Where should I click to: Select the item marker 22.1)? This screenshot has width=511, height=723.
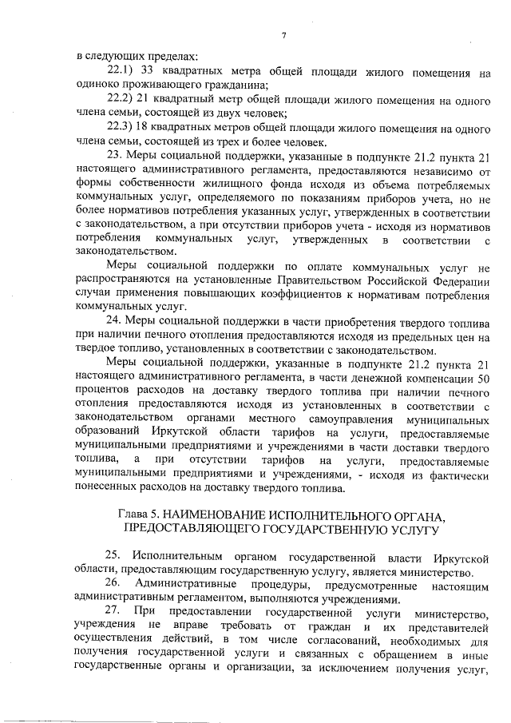122,72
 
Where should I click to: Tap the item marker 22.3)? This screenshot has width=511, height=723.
122,126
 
